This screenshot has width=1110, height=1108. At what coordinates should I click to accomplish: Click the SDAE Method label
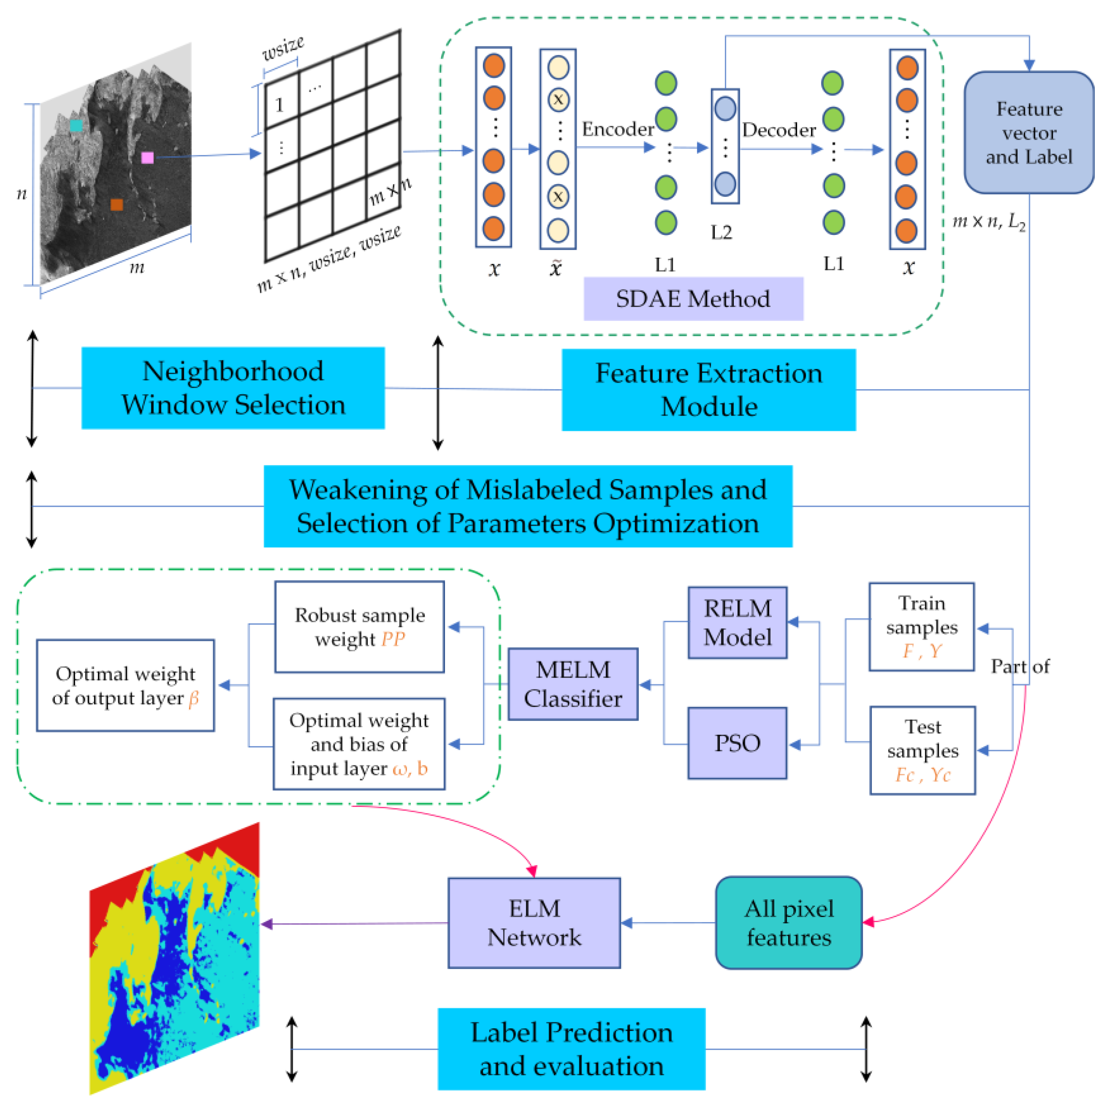pos(693,299)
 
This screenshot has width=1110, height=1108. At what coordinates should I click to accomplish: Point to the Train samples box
pos(921,626)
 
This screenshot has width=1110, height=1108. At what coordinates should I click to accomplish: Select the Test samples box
pos(922,750)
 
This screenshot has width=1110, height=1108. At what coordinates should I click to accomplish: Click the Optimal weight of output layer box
pos(125,685)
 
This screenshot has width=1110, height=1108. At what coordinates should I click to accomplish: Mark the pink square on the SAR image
pos(148,157)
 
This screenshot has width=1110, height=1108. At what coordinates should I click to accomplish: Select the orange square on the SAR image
pos(117,205)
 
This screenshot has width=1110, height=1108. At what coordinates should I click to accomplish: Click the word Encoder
pos(617,129)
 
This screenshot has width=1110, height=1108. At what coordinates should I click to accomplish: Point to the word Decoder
pos(779,130)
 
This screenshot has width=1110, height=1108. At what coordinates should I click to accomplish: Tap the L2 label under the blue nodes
pos(721,233)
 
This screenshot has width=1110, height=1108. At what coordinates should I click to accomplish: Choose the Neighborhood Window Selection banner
pos(233,388)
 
